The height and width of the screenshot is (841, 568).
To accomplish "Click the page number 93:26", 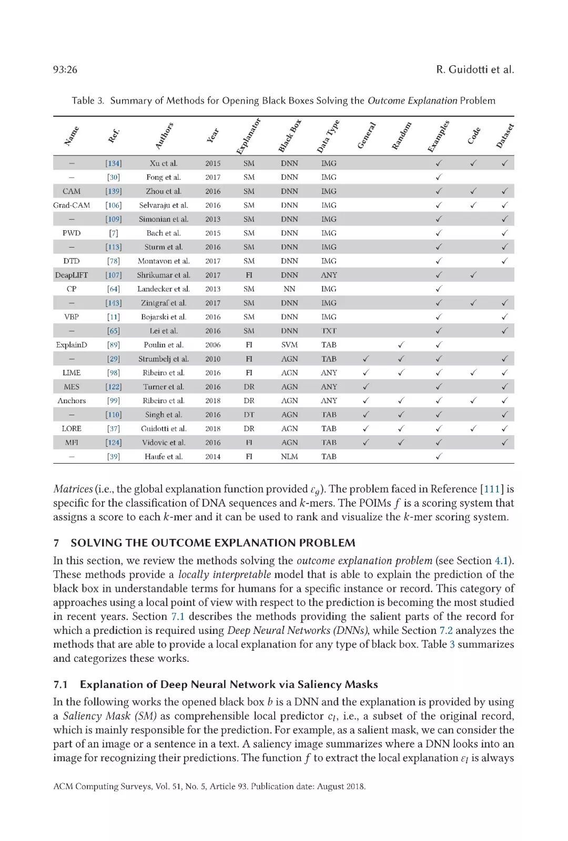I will coord(65,69).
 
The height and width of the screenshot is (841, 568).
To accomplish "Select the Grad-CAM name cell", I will coord(72,205).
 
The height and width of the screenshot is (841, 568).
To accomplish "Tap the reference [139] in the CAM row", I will coord(113,191).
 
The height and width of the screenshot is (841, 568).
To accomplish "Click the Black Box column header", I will coord(290,136).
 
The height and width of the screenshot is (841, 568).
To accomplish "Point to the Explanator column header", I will coord(248,136).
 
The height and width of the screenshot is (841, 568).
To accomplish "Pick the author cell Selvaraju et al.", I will coord(164,205).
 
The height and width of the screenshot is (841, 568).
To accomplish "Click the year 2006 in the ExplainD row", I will coord(213,345).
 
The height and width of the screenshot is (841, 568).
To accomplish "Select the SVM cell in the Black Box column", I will coord(289,345).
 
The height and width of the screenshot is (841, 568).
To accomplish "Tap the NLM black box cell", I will coord(289,456).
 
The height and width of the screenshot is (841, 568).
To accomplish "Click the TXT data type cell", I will coord(329,331).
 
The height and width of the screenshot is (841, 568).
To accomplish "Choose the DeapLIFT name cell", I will coord(72,275).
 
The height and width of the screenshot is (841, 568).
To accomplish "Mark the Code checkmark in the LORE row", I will coord(473,428).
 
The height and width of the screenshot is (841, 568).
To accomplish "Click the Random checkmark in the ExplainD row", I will coord(401,345).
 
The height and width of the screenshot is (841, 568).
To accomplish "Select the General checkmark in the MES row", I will coord(366,386).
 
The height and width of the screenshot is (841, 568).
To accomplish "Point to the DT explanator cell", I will coord(249,414).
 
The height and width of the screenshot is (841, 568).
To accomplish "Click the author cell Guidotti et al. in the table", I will coord(164,428).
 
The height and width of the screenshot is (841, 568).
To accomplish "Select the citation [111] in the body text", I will coord(492,489).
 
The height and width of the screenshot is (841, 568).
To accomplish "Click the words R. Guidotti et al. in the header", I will coord(475,69).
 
